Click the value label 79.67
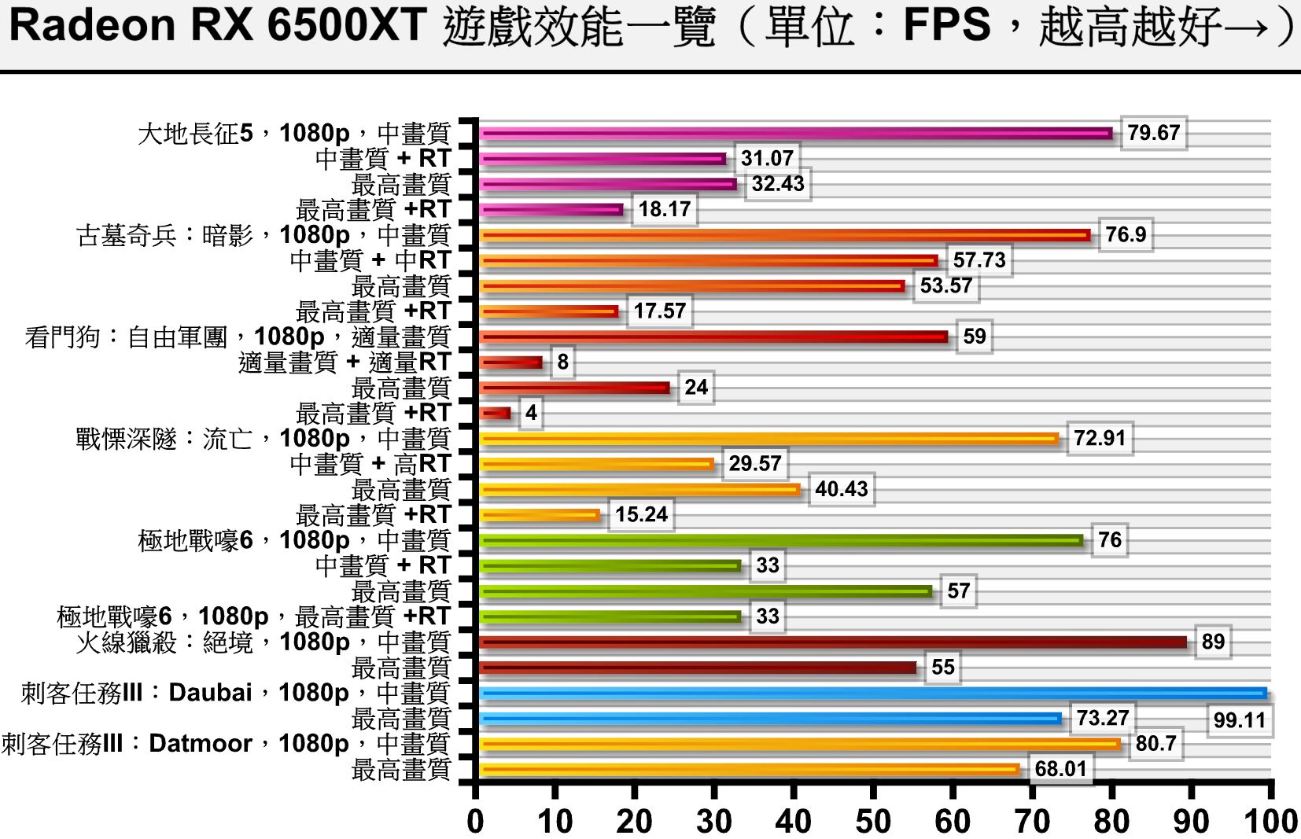point(1153,133)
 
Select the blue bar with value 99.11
point(873,694)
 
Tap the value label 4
point(532,413)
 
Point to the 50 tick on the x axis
point(873,821)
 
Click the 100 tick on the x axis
point(1270,821)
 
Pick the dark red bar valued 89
point(834,642)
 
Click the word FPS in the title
point(946,25)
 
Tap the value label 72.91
point(1100,438)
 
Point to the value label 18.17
point(665,209)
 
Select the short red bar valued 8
point(511,362)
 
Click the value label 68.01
point(1060,768)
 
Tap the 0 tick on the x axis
point(475,821)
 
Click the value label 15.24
point(641,514)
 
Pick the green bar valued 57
point(706,591)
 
